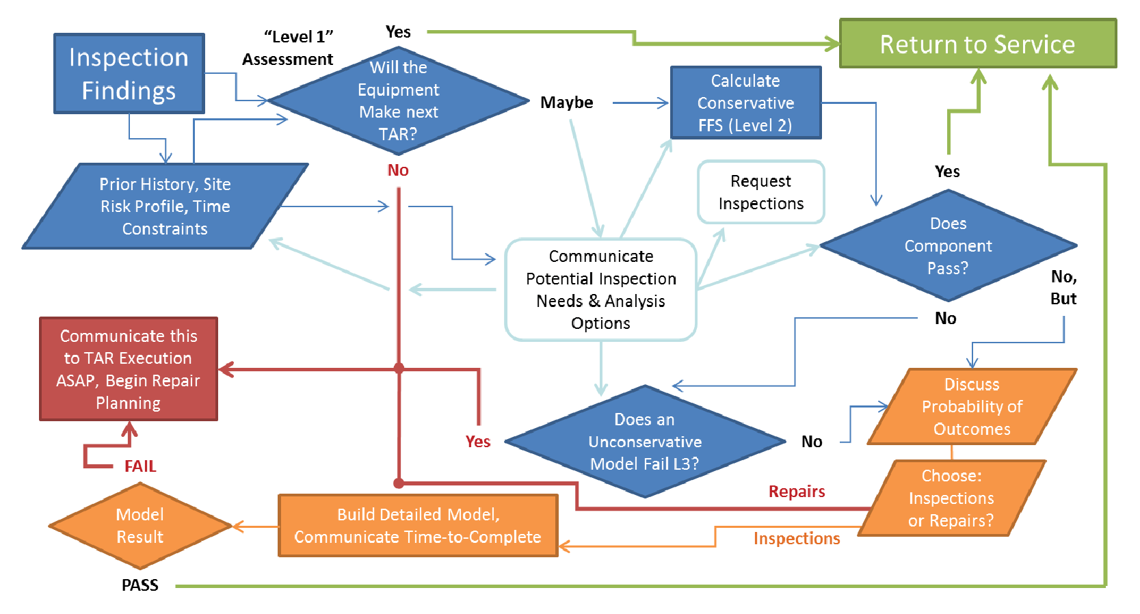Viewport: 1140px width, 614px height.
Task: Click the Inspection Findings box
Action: coord(129,73)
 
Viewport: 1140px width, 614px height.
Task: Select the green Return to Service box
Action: coord(977,44)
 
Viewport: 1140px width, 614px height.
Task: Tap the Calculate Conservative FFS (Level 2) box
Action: coord(745,103)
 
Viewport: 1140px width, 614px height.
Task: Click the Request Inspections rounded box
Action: coord(760,192)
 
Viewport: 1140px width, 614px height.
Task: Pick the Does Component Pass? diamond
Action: coord(948,245)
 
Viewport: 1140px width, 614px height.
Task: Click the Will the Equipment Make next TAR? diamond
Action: coord(398,101)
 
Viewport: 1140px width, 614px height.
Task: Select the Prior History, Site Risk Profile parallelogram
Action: coord(165,206)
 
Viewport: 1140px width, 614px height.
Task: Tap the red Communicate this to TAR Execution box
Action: coord(129,369)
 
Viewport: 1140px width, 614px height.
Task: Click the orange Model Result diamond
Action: coord(140,525)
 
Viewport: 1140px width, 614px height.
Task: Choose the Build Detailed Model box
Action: coord(418,525)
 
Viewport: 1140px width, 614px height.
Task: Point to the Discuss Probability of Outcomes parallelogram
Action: coord(972,406)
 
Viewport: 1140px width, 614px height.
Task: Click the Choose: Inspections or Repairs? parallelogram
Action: coord(951,498)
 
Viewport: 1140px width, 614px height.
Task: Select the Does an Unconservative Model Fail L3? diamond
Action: coord(644,441)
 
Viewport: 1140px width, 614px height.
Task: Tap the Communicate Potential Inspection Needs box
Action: coord(600,289)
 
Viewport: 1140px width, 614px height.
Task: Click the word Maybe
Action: coord(566,103)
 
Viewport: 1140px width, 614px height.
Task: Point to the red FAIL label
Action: coord(140,466)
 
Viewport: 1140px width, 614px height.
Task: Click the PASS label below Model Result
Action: coord(140,585)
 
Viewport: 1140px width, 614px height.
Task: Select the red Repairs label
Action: coord(797,492)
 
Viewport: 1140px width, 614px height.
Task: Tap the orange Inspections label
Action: coord(797,539)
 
